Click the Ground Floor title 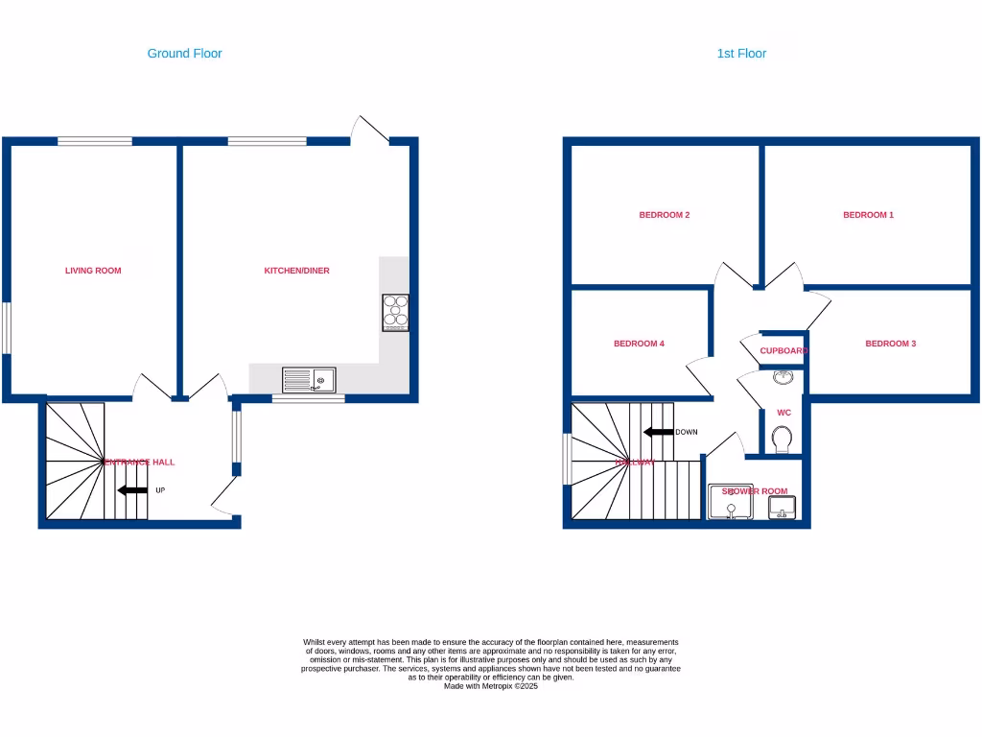[x=184, y=54]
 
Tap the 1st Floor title [x=741, y=54]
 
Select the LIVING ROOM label [x=93, y=271]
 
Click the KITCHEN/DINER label [x=296, y=271]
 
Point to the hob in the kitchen [x=395, y=312]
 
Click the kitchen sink [x=309, y=380]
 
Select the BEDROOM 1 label [x=868, y=215]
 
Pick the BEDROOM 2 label [x=665, y=215]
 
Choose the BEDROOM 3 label [x=890, y=344]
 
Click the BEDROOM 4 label [x=639, y=344]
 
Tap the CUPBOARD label [x=783, y=351]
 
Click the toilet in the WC [x=783, y=440]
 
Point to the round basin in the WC [x=783, y=376]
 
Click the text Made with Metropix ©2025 [x=490, y=685]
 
